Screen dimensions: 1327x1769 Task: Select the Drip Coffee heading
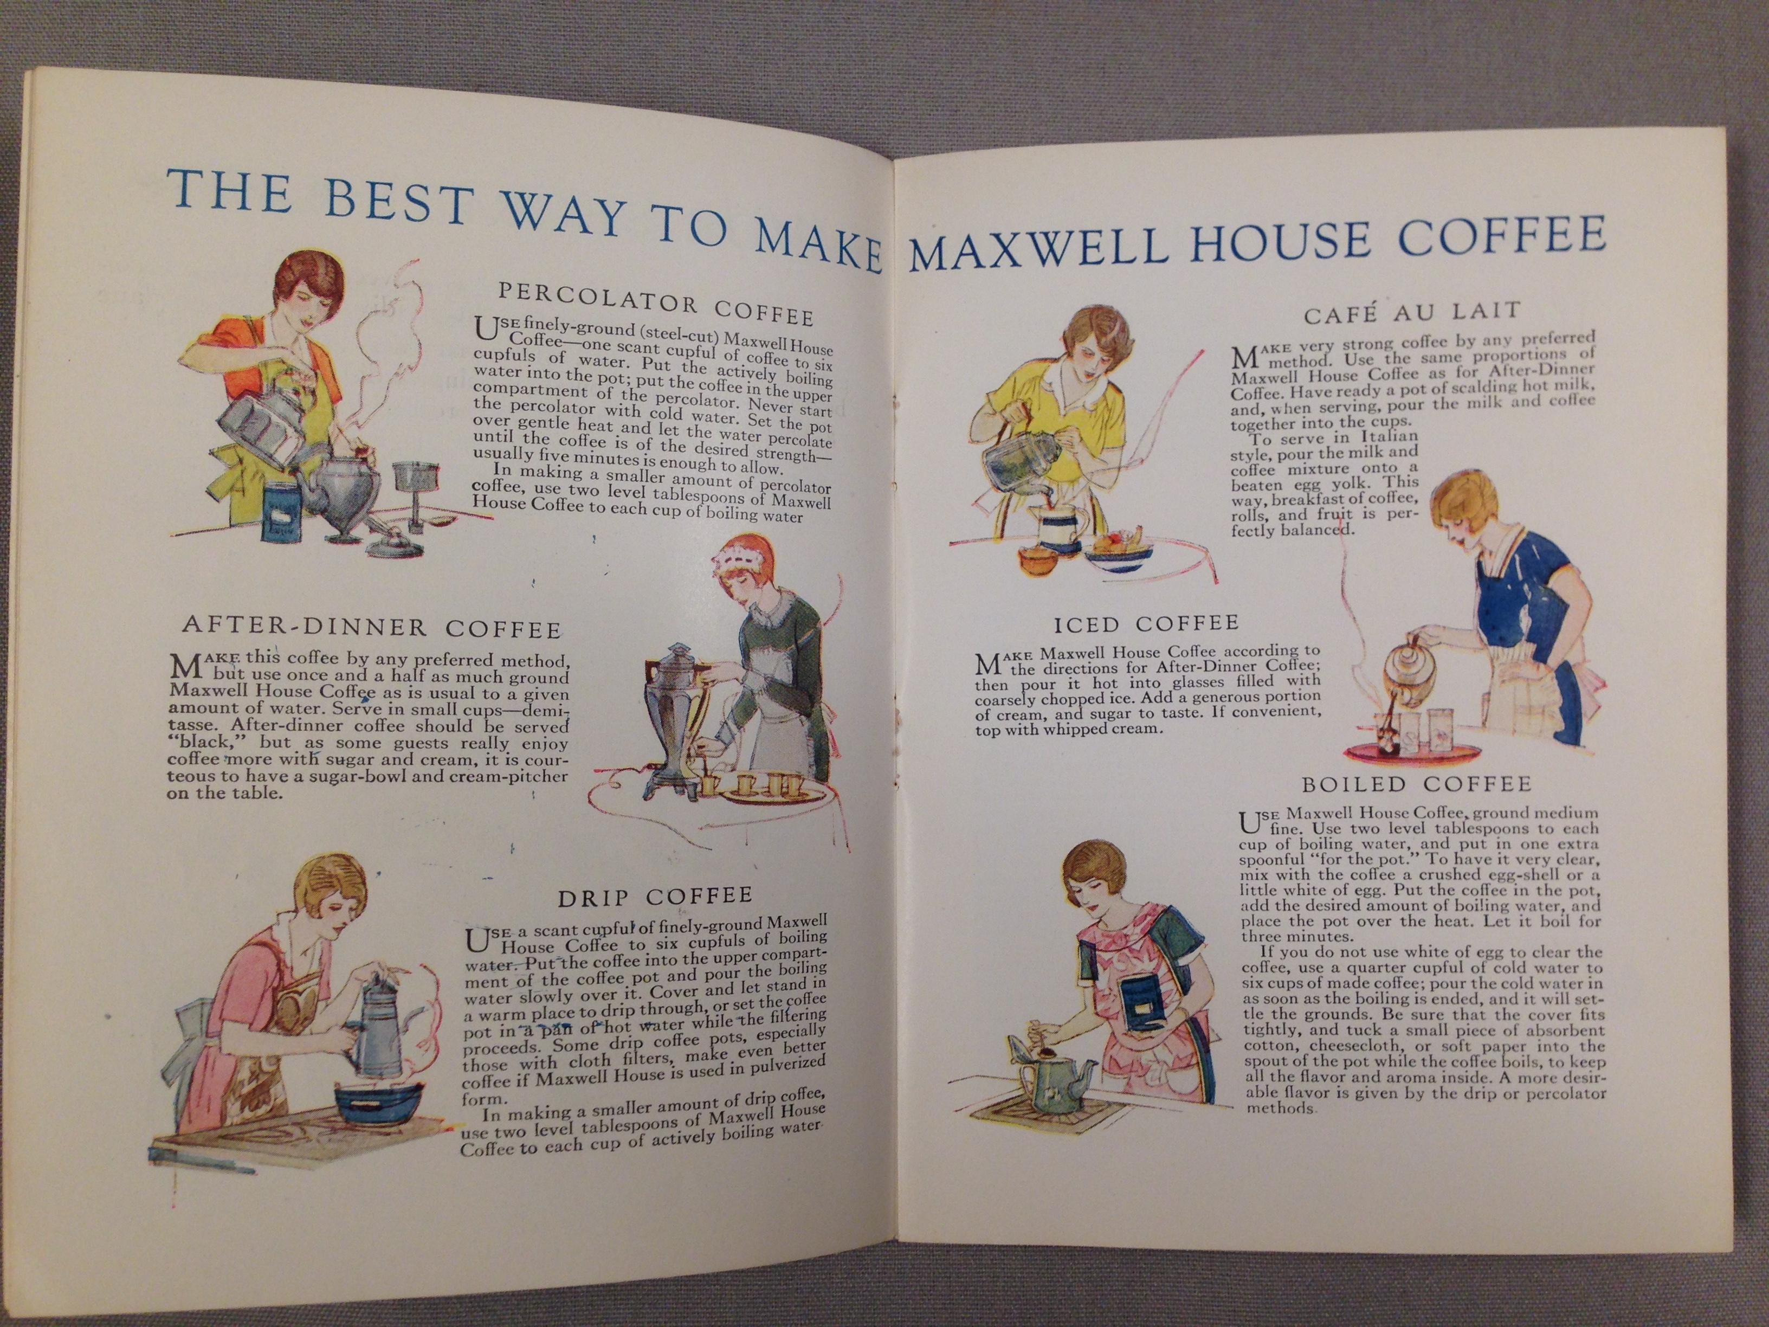(655, 896)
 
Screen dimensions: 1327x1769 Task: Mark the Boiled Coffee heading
(1416, 783)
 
